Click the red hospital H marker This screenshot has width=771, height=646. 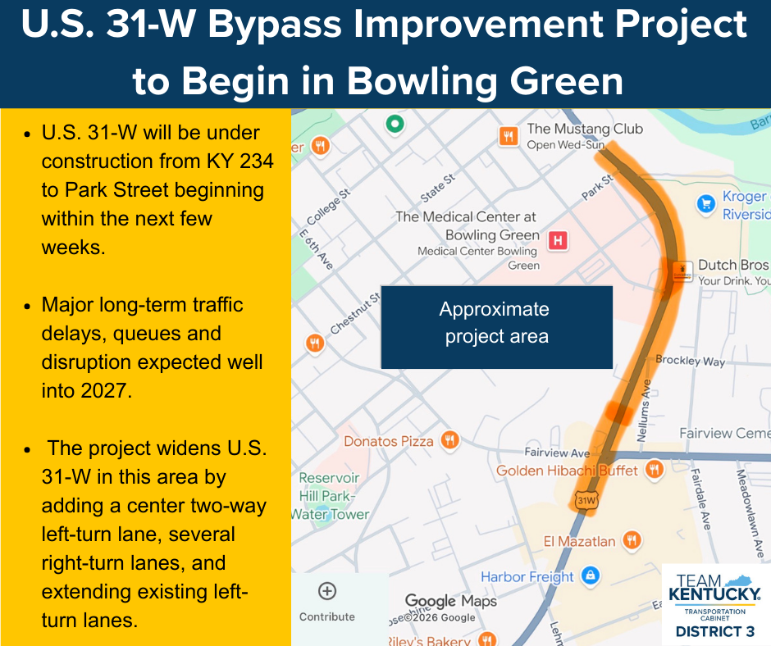[x=558, y=240]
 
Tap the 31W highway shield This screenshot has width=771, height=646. [x=586, y=500]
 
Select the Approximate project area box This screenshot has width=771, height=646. [x=496, y=327]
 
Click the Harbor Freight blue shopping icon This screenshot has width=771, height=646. [x=591, y=575]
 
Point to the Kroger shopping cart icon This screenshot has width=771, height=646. [x=706, y=203]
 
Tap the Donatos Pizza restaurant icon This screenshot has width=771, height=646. [x=449, y=440]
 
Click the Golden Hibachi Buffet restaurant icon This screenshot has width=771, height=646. [x=654, y=469]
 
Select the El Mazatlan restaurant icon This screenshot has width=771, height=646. [x=632, y=539]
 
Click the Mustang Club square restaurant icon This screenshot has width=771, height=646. [x=509, y=136]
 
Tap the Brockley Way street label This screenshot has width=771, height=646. [x=691, y=361]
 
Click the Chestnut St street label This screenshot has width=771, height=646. [x=355, y=312]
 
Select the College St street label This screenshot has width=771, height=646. [x=328, y=207]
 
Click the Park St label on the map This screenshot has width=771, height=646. [x=597, y=187]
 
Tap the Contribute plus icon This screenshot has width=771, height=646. [x=327, y=591]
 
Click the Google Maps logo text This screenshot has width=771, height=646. [x=451, y=601]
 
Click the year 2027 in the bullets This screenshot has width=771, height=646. [x=106, y=391]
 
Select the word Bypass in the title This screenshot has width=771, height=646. [x=275, y=25]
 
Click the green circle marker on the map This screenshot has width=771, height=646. [x=395, y=124]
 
